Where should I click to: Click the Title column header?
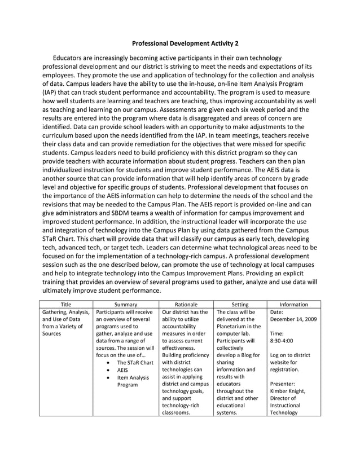(x=66, y=304)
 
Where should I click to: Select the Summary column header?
(x=125, y=304)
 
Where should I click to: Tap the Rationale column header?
(x=186, y=304)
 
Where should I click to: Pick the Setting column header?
(x=240, y=304)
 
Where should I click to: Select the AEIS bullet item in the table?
(x=122, y=371)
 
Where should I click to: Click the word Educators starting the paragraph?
(x=69, y=58)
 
